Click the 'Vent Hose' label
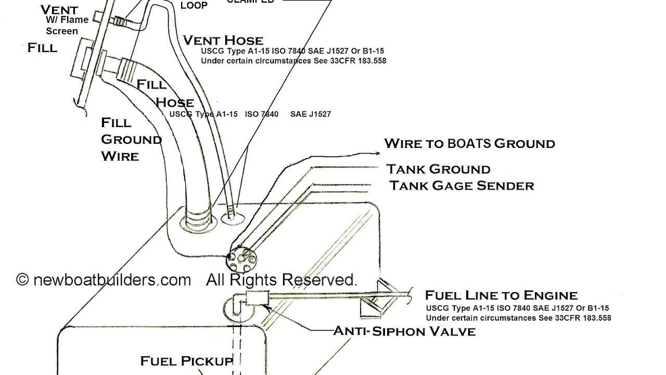click(223, 40)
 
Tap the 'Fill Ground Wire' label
click(131, 139)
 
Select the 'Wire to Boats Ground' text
click(469, 143)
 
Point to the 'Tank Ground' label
click(438, 169)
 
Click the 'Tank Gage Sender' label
click(462, 185)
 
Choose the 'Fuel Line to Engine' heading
click(501, 295)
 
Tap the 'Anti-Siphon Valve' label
click(404, 331)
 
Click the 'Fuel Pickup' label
click(186, 361)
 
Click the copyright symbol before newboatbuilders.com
click(22, 280)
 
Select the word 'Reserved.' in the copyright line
click(321, 280)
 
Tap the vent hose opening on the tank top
click(231, 215)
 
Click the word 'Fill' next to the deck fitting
click(43, 48)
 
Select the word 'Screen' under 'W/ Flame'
click(62, 31)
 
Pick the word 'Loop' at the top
click(194, 6)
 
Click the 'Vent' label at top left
click(59, 9)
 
